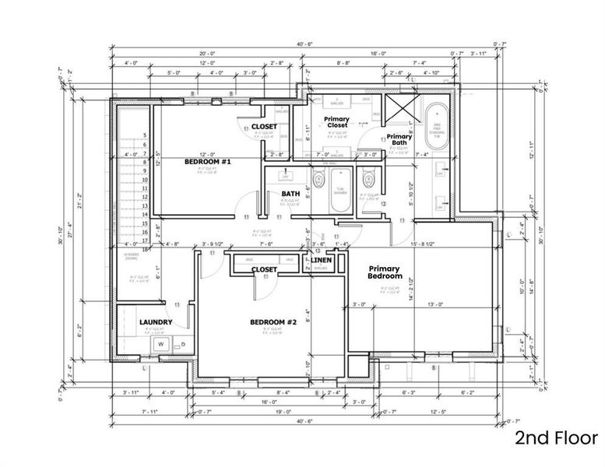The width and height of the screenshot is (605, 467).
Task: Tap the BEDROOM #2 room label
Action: tap(268, 322)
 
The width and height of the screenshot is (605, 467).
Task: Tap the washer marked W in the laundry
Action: tap(162, 343)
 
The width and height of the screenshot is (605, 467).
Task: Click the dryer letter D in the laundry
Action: tap(185, 343)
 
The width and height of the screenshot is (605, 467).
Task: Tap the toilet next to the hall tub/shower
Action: tap(318, 182)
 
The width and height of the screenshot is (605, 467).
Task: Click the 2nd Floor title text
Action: tap(556, 438)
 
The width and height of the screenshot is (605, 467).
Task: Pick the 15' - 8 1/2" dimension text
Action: tap(420, 245)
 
